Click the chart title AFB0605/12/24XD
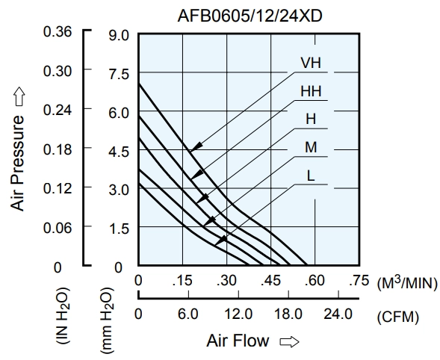point(250,16)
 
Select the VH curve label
point(311,63)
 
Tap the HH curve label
point(311,91)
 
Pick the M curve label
point(311,147)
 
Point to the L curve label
point(311,176)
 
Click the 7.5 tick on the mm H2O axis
point(119,75)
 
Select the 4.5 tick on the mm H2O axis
point(119,152)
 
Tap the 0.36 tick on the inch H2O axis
point(58,31)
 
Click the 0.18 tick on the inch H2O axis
point(58,149)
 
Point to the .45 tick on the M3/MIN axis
point(270,281)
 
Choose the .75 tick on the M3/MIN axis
point(359,281)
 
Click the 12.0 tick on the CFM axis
point(238,314)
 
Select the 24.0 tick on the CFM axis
point(338,314)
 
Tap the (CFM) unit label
point(398,317)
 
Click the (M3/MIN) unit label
point(407,283)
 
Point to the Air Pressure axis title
point(17,163)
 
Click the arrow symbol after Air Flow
point(289,341)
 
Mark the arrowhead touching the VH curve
point(196,146)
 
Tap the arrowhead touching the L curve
point(221,240)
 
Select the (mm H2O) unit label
point(107,320)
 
